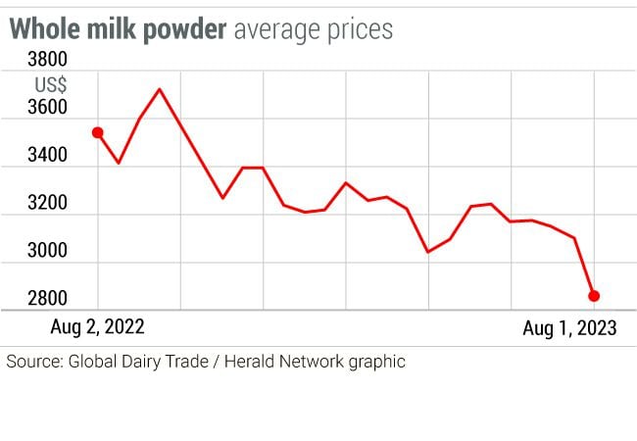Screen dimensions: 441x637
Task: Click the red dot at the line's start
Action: pyautogui.click(x=97, y=132)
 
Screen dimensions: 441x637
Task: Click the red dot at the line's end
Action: pyautogui.click(x=594, y=295)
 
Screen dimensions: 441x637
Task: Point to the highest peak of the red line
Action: pyautogui.click(x=159, y=89)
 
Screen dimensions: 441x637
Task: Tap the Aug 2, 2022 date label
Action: pyautogui.click(x=103, y=327)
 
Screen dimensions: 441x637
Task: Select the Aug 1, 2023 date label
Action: pyautogui.click(x=569, y=327)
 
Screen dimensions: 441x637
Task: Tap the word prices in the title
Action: pyautogui.click(x=360, y=29)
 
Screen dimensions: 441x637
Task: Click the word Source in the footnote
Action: pyautogui.click(x=33, y=361)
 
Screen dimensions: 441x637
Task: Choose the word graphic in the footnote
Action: pyautogui.click(x=374, y=361)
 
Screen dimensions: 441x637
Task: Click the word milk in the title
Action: pyautogui.click(x=106, y=29)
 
